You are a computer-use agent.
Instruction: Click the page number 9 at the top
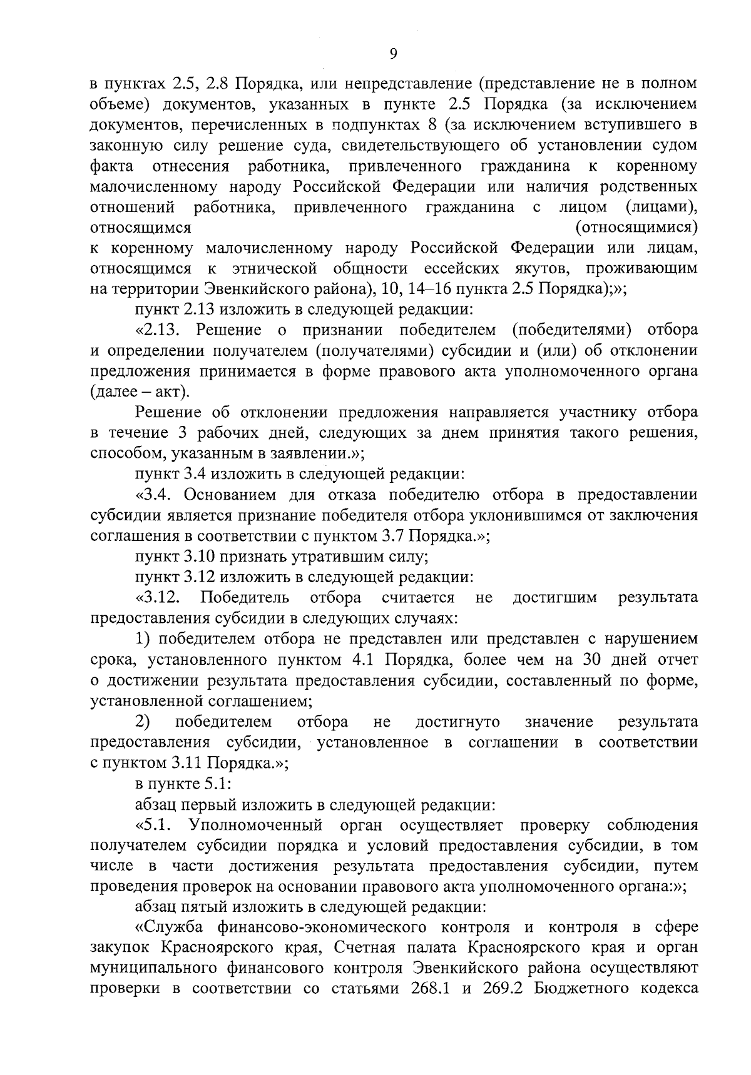(393, 54)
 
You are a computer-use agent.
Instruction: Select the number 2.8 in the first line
(219, 83)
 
